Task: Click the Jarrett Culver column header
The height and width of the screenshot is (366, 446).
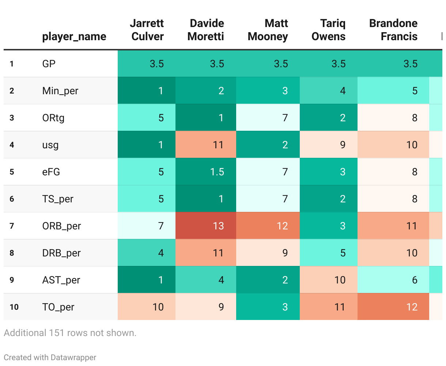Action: pos(147,30)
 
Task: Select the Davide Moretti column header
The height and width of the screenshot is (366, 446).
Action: pos(206,30)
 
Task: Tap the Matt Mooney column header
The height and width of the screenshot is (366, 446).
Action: pos(268,30)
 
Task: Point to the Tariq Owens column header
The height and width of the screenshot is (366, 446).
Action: pos(328,30)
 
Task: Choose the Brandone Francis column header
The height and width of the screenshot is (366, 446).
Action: pos(393,30)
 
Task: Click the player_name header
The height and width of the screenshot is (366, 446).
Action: pos(74,37)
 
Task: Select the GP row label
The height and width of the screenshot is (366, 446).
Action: pos(49,64)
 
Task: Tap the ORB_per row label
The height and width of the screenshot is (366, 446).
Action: pos(61,226)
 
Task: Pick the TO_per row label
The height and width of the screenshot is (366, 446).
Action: pos(58,307)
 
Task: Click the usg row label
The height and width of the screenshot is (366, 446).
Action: pos(50,145)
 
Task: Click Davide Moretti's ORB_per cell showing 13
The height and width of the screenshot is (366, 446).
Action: pos(206,226)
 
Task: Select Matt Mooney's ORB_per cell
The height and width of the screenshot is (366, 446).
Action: pos(268,226)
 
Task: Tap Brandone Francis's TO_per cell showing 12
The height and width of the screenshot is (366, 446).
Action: pos(393,307)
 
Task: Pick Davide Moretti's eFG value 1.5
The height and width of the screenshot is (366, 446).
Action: pos(206,172)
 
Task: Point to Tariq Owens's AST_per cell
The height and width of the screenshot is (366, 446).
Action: pos(328,280)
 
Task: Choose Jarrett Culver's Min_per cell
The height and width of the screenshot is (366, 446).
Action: pos(147,91)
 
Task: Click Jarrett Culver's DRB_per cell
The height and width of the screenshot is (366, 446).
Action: pos(147,253)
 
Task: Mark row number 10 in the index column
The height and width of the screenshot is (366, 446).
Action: pos(14,307)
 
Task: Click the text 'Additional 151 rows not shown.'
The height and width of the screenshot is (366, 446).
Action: pos(70,333)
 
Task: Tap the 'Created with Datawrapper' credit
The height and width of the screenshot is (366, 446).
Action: pos(50,358)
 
